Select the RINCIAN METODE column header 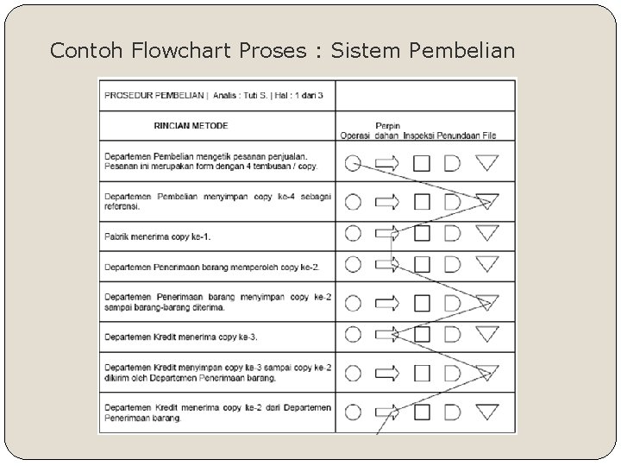tap(191, 126)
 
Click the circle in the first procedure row tap(353, 163)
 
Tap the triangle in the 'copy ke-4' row tap(488, 202)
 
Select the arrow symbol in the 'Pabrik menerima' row tap(387, 234)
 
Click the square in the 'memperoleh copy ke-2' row tap(422, 264)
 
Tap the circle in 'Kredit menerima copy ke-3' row tap(353, 334)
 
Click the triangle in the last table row tap(488, 412)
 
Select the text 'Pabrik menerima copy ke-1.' tap(156, 236)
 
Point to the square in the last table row tap(422, 412)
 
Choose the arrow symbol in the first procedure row tap(387, 163)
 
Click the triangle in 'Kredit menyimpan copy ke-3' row tap(488, 373)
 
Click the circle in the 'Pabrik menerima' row tap(353, 234)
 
